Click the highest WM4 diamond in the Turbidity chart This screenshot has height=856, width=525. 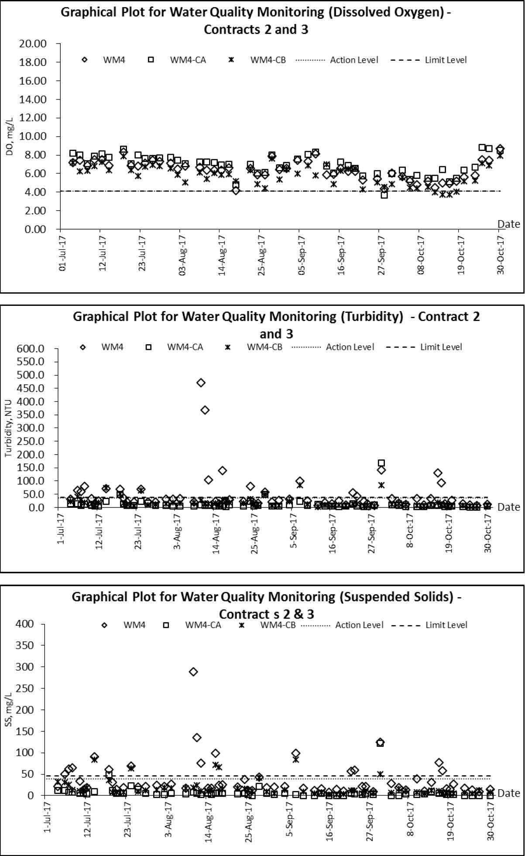click(x=201, y=383)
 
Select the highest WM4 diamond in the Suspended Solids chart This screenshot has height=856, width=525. click(x=193, y=671)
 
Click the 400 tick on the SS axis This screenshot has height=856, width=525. click(x=24, y=624)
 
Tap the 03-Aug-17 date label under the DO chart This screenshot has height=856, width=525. click(x=182, y=255)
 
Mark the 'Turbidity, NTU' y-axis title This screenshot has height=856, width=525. click(x=8, y=428)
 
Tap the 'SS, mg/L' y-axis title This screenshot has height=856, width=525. click(x=8, y=709)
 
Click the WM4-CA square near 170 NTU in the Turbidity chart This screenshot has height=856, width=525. click(x=381, y=463)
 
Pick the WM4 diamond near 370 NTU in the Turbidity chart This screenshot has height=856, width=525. click(x=205, y=410)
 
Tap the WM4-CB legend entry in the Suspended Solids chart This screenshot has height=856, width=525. click(x=267, y=625)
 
